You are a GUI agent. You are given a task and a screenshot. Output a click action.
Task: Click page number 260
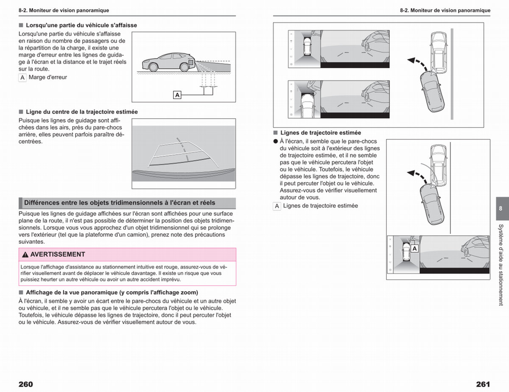26,384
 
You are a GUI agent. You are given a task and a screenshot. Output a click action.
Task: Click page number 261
483,384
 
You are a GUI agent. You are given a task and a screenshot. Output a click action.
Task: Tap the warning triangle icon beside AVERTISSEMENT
25,255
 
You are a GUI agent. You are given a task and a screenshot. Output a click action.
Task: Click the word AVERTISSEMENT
58,254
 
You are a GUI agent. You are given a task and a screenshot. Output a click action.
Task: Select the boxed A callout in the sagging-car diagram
177,95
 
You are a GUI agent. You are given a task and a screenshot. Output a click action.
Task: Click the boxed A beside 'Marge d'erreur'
22,78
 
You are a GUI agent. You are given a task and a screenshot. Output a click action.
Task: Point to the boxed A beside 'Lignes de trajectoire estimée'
277,206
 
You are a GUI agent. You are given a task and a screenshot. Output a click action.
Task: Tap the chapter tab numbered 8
502,209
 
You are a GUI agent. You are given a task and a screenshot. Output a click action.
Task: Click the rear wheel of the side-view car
185,67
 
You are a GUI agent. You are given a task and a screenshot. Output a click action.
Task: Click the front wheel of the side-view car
153,67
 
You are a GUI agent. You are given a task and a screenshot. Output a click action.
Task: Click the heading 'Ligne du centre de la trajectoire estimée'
82,112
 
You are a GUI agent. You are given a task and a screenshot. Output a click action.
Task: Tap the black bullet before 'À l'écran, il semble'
275,142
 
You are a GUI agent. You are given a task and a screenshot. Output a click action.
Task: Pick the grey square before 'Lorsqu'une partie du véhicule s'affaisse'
21,25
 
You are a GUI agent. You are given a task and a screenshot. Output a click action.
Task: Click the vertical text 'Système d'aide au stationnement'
501,265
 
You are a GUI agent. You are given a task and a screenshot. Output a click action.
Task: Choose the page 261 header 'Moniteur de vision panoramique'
450,10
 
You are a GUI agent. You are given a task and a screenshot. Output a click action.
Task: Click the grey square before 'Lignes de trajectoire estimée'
275,133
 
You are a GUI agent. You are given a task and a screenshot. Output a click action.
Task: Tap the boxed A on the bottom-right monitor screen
414,248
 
